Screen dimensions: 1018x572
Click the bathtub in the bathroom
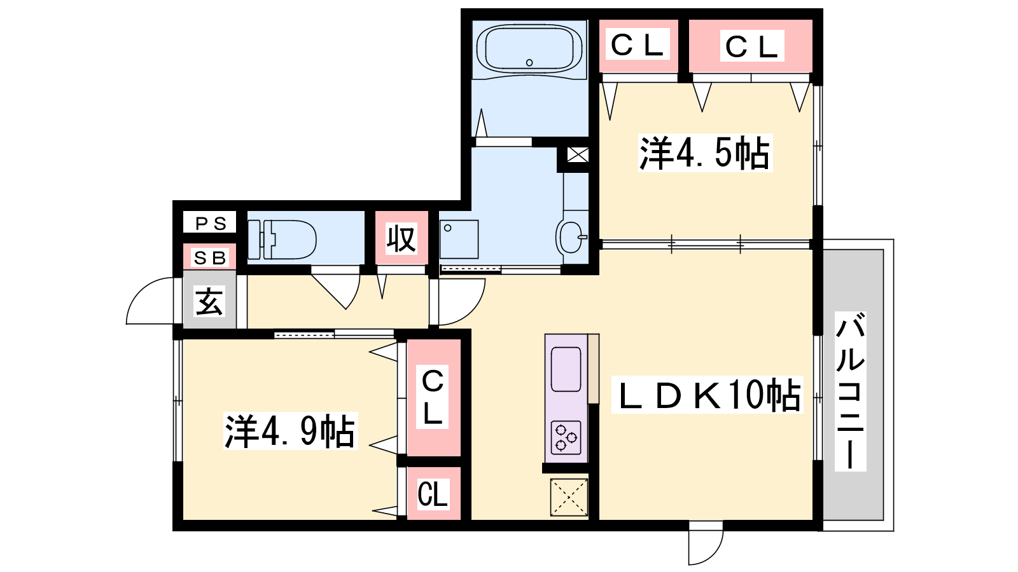pyautogui.click(x=529, y=48)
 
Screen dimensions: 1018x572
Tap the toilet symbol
pyautogui.click(x=282, y=240)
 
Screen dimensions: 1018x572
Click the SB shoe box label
pyautogui.click(x=209, y=258)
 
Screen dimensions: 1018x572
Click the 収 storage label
pyautogui.click(x=401, y=238)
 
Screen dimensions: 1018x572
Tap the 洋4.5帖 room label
pyautogui.click(x=705, y=153)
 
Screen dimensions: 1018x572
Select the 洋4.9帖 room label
pyautogui.click(x=290, y=431)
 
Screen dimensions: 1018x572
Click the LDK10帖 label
pyautogui.click(x=707, y=395)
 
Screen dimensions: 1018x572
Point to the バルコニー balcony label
pyautogui.click(x=850, y=391)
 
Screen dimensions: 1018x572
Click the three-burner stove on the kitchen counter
pyautogui.click(x=566, y=438)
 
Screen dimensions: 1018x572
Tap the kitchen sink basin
pyautogui.click(x=566, y=369)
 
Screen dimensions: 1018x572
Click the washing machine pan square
pyautogui.click(x=459, y=239)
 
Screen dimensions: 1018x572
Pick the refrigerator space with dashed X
pyautogui.click(x=569, y=498)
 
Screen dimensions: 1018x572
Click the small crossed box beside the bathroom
pyautogui.click(x=578, y=155)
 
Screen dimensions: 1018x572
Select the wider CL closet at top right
pyautogui.click(x=752, y=46)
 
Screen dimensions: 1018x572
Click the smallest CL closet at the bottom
pyautogui.click(x=433, y=494)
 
